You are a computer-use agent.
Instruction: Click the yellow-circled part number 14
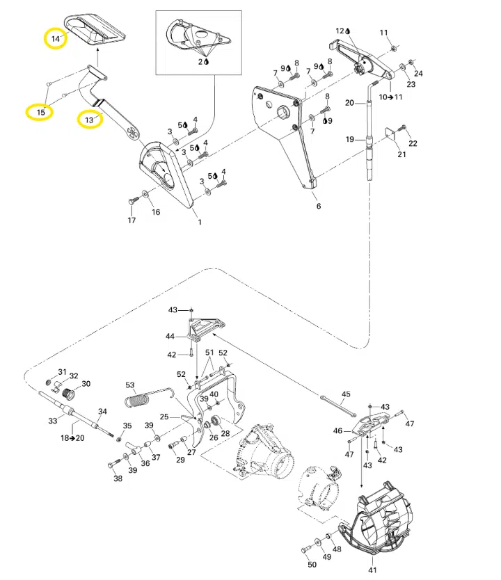pyautogui.click(x=56, y=38)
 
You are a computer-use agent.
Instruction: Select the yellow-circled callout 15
pyautogui.click(x=40, y=111)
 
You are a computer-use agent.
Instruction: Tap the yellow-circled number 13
pyautogui.click(x=89, y=120)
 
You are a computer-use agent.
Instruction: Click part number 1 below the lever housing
pyautogui.click(x=199, y=223)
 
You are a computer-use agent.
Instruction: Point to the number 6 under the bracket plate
pyautogui.click(x=318, y=207)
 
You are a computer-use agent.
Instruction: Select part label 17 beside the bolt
pyautogui.click(x=132, y=221)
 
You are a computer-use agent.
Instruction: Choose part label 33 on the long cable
pyautogui.click(x=52, y=421)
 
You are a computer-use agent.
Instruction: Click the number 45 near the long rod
pyautogui.click(x=346, y=394)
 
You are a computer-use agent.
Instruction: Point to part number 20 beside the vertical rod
pyautogui.click(x=350, y=103)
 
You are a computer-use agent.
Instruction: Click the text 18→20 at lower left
pyautogui.click(x=72, y=438)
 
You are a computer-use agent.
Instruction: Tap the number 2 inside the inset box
pyautogui.click(x=201, y=62)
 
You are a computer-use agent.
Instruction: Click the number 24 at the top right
pyautogui.click(x=418, y=74)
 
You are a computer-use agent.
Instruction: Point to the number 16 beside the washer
pyautogui.click(x=156, y=212)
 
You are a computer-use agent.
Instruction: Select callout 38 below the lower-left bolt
pyautogui.click(x=118, y=479)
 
